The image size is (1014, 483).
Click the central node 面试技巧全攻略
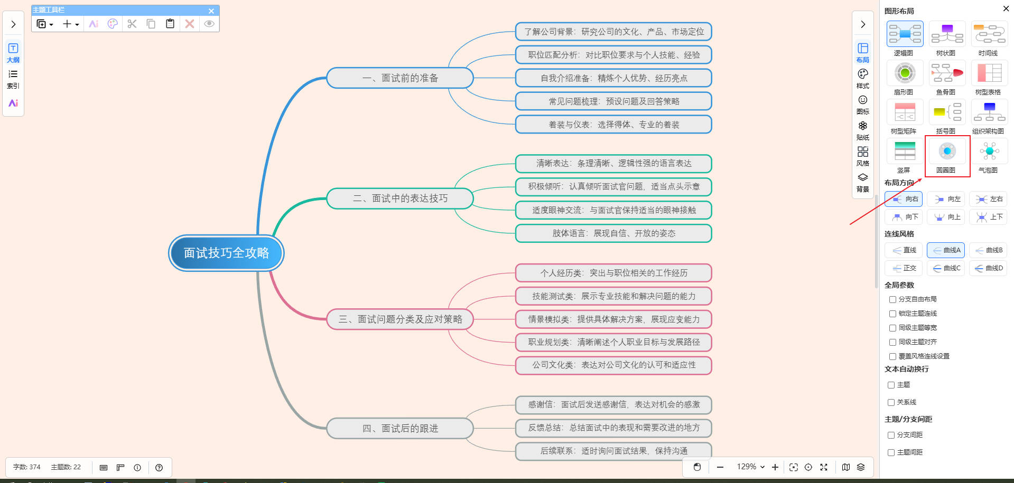pos(226,253)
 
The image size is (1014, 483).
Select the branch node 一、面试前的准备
pos(400,78)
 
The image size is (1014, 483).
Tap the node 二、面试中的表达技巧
pos(400,198)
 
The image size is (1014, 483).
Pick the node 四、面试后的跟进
pos(400,428)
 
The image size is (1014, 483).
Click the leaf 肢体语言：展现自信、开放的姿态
pos(613,233)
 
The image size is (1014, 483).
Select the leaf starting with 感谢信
pos(613,405)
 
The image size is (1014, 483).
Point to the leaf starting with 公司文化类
pos(613,365)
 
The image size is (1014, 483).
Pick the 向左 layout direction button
pos(946,199)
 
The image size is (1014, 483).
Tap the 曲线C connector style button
pos(946,268)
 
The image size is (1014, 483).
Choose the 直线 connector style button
pos(904,250)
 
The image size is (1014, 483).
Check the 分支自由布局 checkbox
pos(892,299)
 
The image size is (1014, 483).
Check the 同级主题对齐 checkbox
pos(892,342)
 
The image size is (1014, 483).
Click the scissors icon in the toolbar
pos(132,24)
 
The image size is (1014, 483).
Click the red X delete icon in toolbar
pos(190,24)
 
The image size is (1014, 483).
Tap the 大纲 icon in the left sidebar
pos(13,52)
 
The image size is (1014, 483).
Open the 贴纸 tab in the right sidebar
pos(862,129)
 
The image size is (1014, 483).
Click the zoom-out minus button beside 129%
pos(720,467)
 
